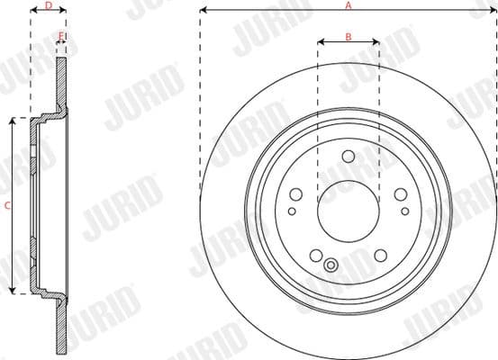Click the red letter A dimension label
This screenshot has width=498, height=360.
pyautogui.click(x=349, y=4)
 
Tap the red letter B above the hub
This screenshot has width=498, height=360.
pyautogui.click(x=349, y=36)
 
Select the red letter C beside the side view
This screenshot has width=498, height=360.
pyautogui.click(x=7, y=205)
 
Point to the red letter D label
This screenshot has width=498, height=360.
pyautogui.click(x=48, y=4)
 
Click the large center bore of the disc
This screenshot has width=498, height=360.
pyautogui.click(x=348, y=211)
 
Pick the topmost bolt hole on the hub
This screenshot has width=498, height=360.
pyautogui.click(x=349, y=157)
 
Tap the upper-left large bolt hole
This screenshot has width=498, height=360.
pyautogui.click(x=296, y=194)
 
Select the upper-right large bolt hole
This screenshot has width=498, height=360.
pyautogui.click(x=400, y=194)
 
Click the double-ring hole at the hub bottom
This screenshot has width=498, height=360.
pyautogui.click(x=330, y=265)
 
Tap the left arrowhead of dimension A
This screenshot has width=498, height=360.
pyautogui.click(x=203, y=10)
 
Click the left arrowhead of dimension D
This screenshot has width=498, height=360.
pyautogui.click(x=33, y=11)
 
